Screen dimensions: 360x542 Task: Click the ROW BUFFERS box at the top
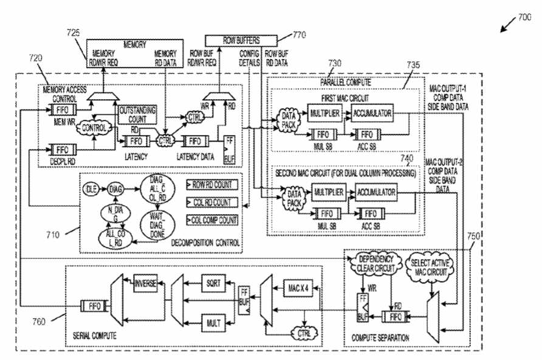(240, 40)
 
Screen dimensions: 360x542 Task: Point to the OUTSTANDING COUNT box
(137, 113)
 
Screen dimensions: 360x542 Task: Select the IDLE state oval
(90, 189)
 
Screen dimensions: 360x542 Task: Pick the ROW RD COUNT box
(213, 184)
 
